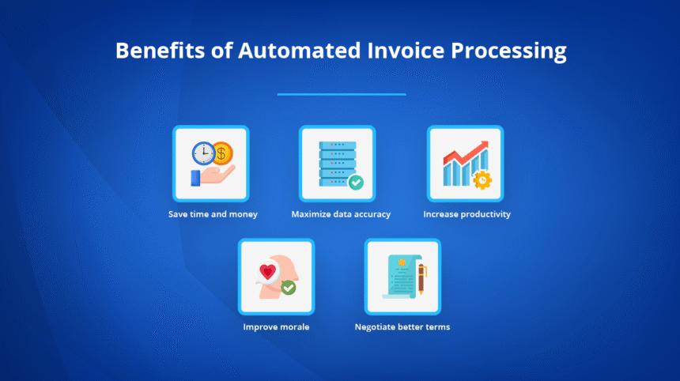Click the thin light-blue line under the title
coord(341,94)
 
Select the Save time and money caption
coord(212,214)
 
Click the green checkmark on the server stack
coord(356,183)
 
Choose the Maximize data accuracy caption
coord(341,214)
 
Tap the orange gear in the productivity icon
coord(481,179)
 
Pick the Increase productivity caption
coord(467,214)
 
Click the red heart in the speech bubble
coord(268,272)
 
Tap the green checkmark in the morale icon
coord(289,288)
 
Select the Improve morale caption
coord(276,326)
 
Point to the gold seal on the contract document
coord(402,262)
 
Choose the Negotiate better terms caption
coord(402,326)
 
